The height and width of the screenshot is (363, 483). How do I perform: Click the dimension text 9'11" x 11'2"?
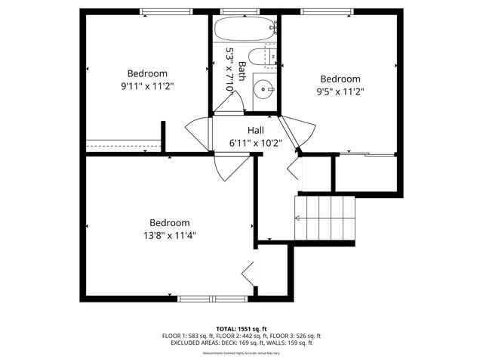[x=146, y=86]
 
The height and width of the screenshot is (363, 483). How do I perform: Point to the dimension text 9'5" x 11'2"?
[x=340, y=92]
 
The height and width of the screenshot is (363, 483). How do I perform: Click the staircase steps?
[x=325, y=218]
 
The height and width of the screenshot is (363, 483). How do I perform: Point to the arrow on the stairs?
[x=299, y=219]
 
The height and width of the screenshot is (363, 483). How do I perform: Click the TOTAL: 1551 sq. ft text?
[x=241, y=329]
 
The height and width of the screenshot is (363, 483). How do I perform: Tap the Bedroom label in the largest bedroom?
[x=169, y=223]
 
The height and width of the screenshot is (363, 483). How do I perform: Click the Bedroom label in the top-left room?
[x=146, y=73]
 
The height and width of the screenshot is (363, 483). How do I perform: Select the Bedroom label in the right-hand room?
[x=340, y=79]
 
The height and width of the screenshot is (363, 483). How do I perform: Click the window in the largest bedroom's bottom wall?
[x=212, y=299]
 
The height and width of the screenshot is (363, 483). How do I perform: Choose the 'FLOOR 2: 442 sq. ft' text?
[x=241, y=336]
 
